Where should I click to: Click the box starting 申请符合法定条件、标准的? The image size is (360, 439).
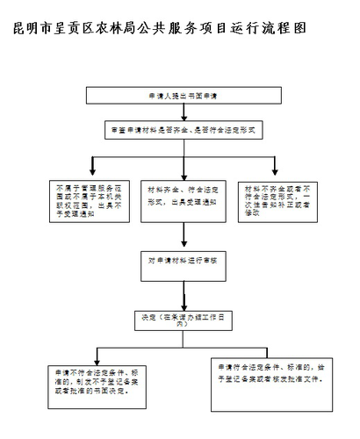[272, 374]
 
